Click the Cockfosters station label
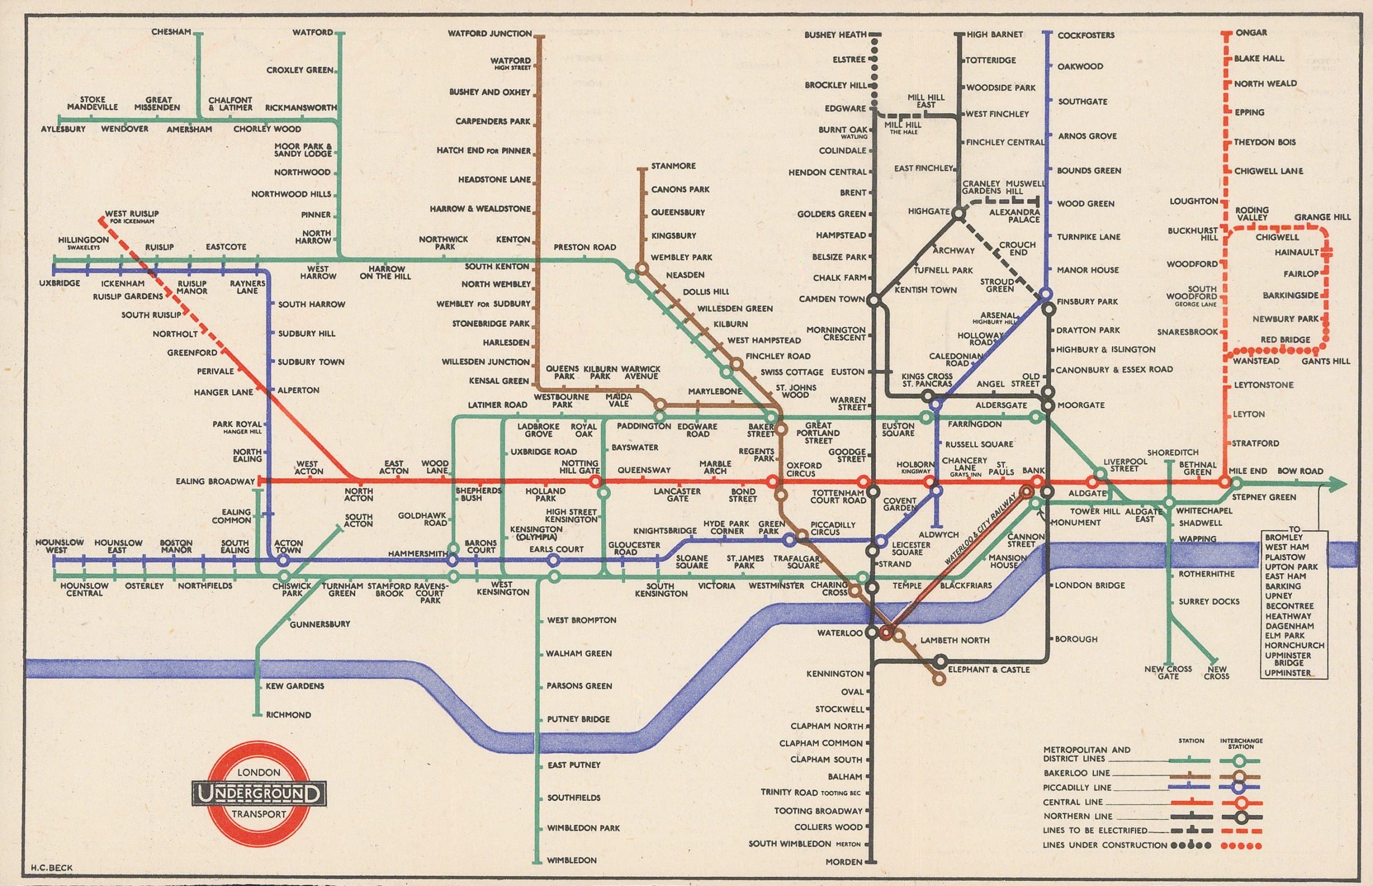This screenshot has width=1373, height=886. point(1085,35)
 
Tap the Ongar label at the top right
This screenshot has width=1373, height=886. point(1251,33)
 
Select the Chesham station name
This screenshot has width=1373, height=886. point(171,32)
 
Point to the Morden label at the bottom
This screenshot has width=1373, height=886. point(844,862)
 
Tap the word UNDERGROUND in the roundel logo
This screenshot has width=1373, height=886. point(259,794)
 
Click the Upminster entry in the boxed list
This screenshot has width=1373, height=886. point(1287,673)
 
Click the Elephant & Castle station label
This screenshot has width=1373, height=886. point(989,670)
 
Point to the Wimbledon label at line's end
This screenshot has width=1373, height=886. point(572,860)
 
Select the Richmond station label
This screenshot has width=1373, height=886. point(288,715)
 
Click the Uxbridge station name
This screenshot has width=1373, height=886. point(60,284)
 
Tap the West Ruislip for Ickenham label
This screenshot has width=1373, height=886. point(132,216)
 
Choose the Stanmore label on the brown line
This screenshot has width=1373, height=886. point(673,166)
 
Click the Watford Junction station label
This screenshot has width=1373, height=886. point(490,34)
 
